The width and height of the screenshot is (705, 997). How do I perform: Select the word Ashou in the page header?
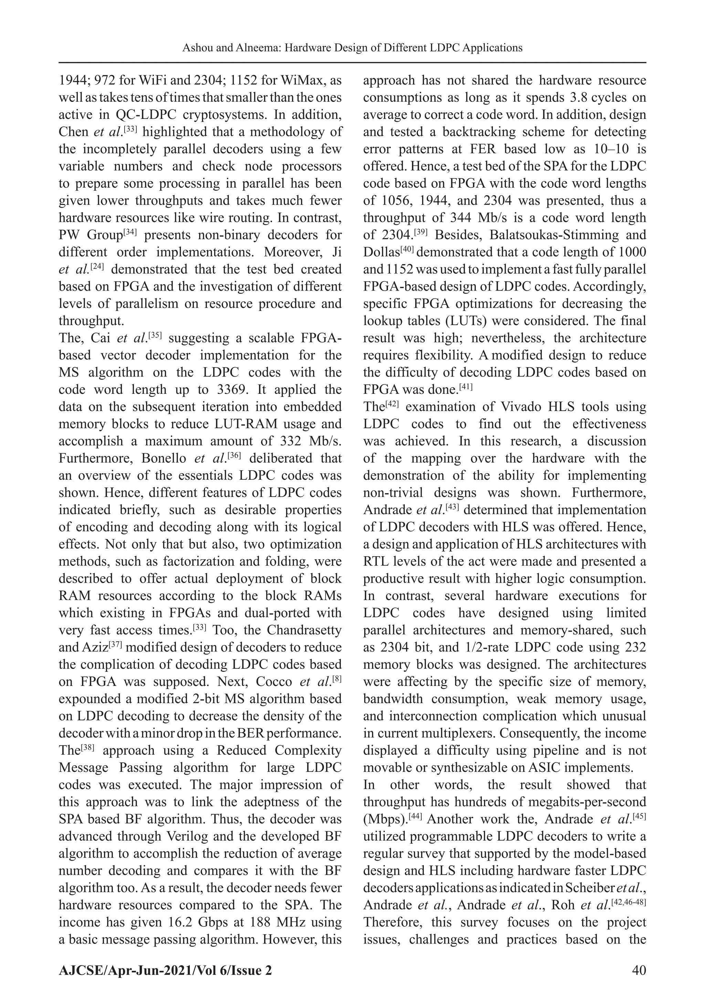pos(197,48)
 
